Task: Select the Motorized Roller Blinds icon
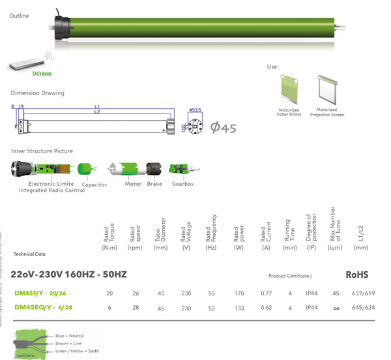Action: (289, 89)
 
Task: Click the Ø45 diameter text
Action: (223, 128)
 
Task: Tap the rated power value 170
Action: (240, 293)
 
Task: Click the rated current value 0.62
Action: (266, 307)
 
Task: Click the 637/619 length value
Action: (362, 293)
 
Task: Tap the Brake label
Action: (154, 185)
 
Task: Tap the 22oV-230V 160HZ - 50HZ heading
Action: (68, 274)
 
